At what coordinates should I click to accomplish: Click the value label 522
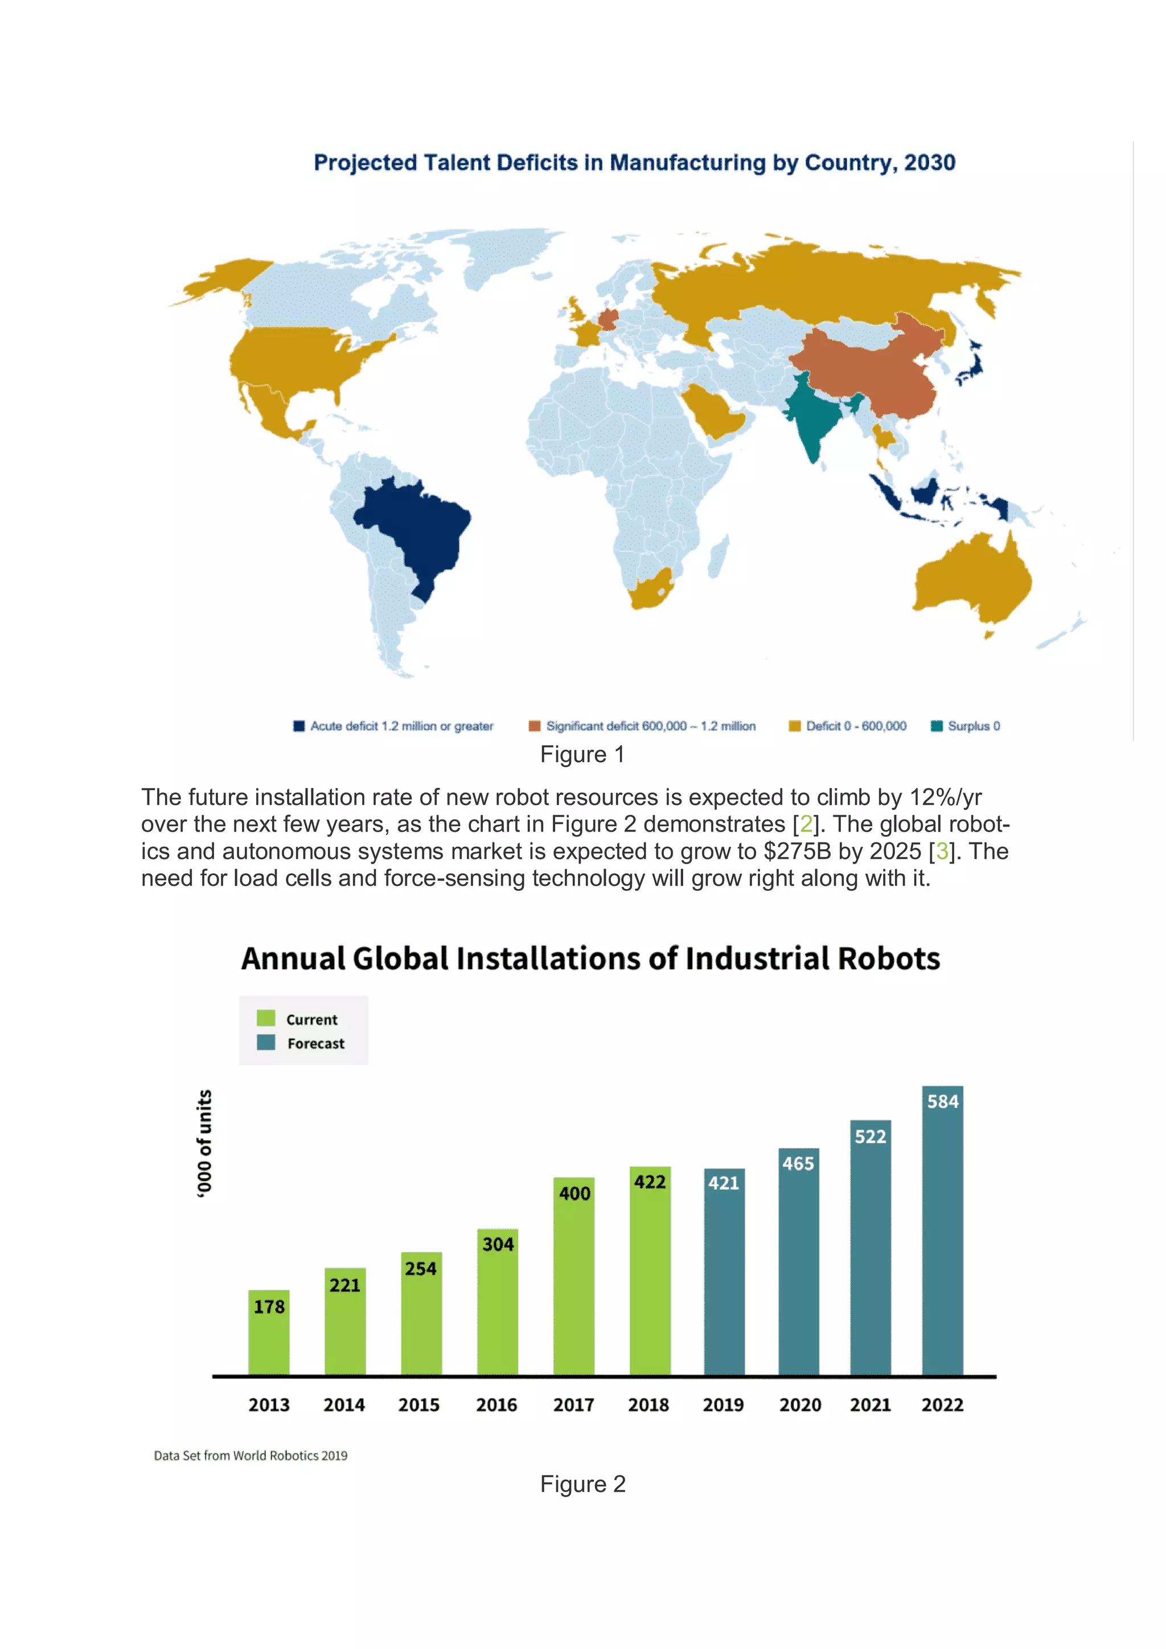click(870, 1137)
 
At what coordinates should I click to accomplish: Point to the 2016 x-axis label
click(496, 1405)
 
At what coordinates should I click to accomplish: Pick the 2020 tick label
click(799, 1405)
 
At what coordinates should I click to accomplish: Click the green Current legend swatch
click(266, 1018)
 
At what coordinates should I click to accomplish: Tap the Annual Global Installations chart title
click(590, 959)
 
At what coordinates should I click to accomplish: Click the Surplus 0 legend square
click(936, 726)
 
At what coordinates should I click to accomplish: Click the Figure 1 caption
click(582, 754)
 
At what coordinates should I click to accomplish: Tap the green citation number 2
click(806, 824)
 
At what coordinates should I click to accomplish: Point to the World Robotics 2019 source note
click(250, 1455)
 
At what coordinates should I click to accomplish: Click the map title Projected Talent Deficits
click(634, 163)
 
